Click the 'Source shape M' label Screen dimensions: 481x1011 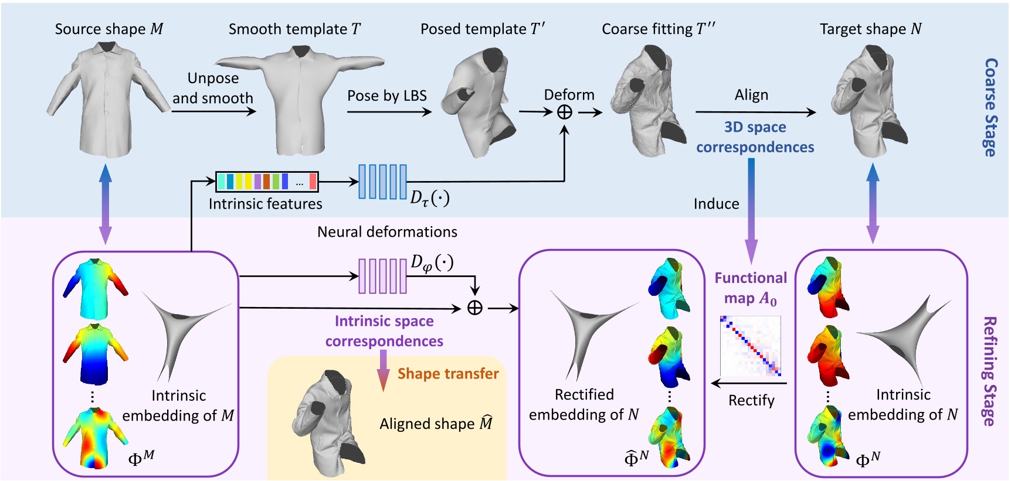coord(109,29)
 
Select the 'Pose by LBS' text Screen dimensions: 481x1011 coord(386,95)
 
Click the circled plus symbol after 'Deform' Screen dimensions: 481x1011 coord(564,112)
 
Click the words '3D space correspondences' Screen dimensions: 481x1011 coord(755,137)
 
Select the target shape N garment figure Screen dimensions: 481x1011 coord(868,103)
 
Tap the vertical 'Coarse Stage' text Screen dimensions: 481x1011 coord(990,107)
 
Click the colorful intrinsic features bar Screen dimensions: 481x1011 coord(267,182)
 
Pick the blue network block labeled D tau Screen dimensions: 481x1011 coord(382,182)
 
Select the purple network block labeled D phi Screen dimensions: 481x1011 coord(382,276)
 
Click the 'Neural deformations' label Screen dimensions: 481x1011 coord(387,232)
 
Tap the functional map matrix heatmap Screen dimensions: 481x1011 coord(751,346)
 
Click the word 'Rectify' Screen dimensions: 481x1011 coord(751,401)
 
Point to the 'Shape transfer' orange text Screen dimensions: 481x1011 coord(448,374)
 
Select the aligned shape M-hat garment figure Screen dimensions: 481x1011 coord(328,422)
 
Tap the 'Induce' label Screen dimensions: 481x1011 coord(716,204)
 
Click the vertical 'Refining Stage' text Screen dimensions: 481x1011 coord(990,371)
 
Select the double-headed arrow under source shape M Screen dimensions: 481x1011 coord(106,204)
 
